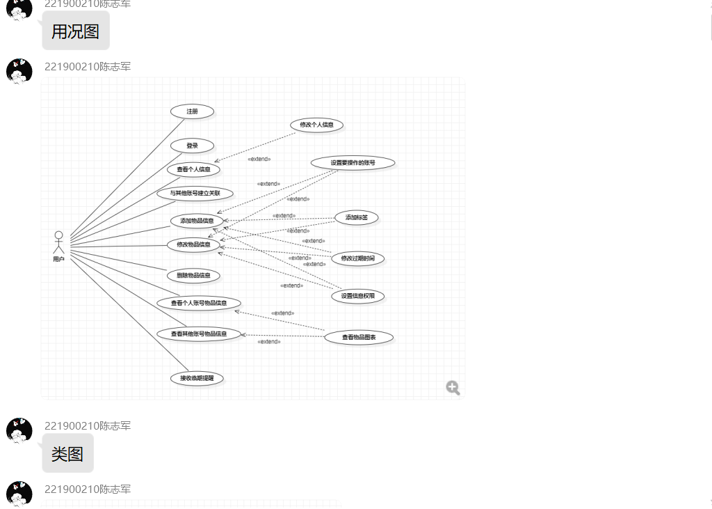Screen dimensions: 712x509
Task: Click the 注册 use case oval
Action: [x=192, y=111]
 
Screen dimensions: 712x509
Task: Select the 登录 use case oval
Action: [x=192, y=146]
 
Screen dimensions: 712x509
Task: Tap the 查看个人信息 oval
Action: [x=193, y=169]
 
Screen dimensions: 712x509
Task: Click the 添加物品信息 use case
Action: [x=197, y=221]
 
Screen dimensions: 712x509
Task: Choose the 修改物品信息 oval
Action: [x=193, y=244]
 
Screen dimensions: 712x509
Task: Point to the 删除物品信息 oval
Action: [x=193, y=276]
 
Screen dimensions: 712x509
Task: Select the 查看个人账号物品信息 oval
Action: [x=199, y=303]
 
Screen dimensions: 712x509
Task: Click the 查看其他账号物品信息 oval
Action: [x=199, y=334]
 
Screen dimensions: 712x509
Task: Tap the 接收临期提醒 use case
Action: [x=197, y=378]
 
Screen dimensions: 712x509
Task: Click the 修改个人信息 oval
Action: [x=316, y=125]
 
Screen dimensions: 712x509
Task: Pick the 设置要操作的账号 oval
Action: [x=353, y=163]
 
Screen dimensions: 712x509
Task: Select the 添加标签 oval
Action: [x=357, y=218]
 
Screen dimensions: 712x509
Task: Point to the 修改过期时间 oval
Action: [x=357, y=258]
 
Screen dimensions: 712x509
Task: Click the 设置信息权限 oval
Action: [x=357, y=296]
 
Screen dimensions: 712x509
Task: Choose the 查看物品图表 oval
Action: [x=359, y=338]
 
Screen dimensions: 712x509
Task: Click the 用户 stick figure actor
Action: [x=58, y=242]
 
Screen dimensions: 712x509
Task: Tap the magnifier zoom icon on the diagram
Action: [x=453, y=388]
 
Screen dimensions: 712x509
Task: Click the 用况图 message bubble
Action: [x=75, y=31]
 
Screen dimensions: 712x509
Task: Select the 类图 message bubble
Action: [x=67, y=454]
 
